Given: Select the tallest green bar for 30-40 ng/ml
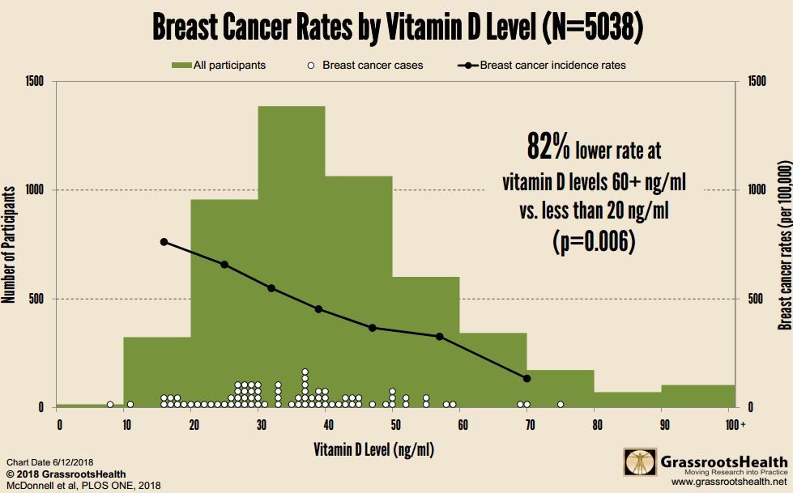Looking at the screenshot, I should coord(292,243).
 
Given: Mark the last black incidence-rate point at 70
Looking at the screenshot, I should coord(527,378).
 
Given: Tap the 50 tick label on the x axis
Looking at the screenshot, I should coord(393,424).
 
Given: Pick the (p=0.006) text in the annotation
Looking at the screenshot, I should coord(594,241).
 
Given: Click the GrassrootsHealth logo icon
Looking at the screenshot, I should coord(639,462).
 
